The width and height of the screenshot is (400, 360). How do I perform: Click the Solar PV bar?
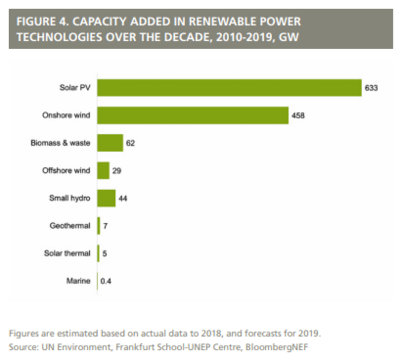coord(229,88)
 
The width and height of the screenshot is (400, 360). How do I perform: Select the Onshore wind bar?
coord(193,115)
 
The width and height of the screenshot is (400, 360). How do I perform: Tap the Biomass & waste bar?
coord(110,143)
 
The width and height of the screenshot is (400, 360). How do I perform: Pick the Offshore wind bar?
coord(103,170)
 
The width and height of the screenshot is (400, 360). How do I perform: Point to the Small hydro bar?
coord(106,198)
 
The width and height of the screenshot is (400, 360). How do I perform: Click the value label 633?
coord(372,89)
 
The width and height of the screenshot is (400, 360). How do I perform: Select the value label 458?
coord(299,116)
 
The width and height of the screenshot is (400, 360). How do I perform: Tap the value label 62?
coord(130,143)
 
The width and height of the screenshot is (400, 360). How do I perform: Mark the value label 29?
coord(117,171)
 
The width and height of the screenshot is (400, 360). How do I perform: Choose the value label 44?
coord(122,199)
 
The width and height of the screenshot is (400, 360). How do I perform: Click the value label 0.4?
coord(106,281)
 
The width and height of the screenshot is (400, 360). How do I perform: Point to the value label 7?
coord(106,226)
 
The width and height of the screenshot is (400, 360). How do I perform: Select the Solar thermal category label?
coord(67,253)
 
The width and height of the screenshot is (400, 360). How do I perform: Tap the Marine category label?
coord(79,281)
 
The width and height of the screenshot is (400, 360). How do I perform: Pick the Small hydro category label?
coord(71,198)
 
